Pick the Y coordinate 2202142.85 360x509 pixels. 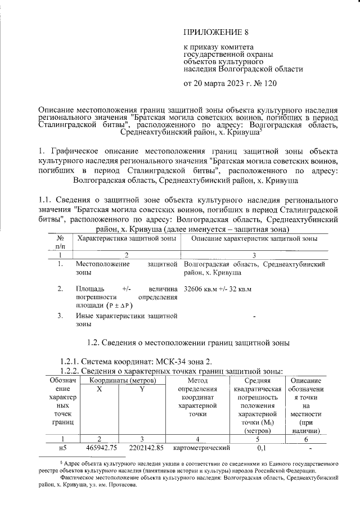tap(143, 448)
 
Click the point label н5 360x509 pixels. tap(62, 448)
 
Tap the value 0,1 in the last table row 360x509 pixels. tap(262, 448)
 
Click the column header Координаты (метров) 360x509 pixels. tap(121, 381)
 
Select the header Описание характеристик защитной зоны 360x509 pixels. tap(255, 238)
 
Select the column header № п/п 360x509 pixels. tap(60, 242)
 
